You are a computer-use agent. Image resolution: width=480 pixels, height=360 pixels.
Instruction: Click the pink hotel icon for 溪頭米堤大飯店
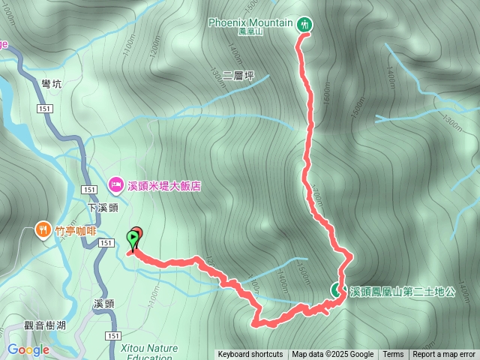(x=116, y=184)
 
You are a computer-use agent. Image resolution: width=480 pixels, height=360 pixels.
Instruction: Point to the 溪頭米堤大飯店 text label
(x=165, y=184)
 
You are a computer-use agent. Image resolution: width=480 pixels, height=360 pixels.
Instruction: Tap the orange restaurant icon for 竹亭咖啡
(x=43, y=229)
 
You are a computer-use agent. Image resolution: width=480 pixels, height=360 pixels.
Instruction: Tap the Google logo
(x=28, y=349)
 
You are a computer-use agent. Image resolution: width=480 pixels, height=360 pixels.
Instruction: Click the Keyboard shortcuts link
(x=250, y=355)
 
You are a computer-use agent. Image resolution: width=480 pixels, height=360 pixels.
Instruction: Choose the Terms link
(x=393, y=355)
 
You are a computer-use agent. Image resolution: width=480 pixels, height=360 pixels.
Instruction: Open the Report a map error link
(x=444, y=355)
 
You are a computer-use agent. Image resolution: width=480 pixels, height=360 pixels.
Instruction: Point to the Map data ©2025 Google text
(x=333, y=355)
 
